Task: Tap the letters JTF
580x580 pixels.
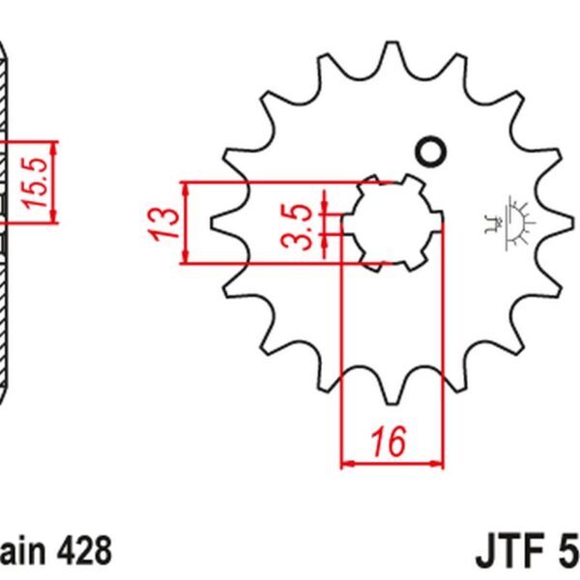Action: point(509,553)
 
